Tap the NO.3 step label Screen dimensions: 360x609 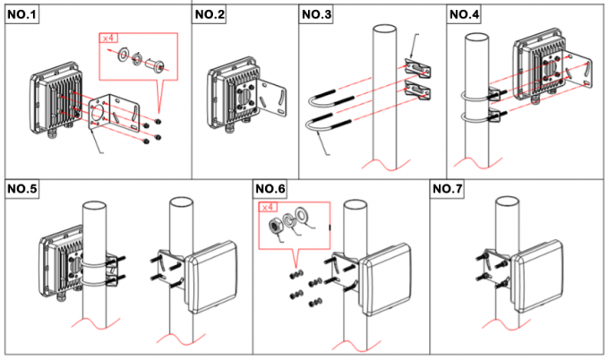(x=316, y=13)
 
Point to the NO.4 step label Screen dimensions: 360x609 (x=464, y=13)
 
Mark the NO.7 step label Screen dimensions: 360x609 (x=447, y=188)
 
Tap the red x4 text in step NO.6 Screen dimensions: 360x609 (x=268, y=208)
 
